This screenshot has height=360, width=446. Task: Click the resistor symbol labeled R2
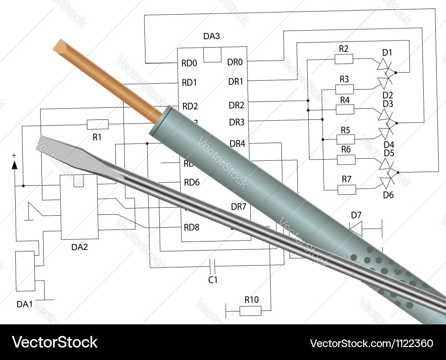[344, 59]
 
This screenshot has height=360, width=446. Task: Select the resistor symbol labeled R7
[347, 189]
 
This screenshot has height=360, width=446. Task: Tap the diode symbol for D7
[356, 228]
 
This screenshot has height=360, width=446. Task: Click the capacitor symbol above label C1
[213, 266]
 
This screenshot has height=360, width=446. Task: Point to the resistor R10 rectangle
[251, 311]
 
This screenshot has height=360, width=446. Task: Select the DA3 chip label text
[212, 37]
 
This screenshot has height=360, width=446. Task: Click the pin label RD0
[189, 63]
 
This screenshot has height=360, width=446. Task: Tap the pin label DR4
[237, 143]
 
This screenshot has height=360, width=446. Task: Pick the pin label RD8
[192, 228]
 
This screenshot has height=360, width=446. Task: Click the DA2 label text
[79, 247]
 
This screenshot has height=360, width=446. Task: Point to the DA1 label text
[25, 304]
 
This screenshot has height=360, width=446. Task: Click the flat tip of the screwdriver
[44, 144]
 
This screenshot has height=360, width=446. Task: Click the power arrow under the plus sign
[14, 165]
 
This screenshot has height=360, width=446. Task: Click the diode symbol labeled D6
[386, 183]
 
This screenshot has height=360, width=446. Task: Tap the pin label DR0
[235, 62]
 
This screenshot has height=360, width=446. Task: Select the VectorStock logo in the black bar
[54, 342]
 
